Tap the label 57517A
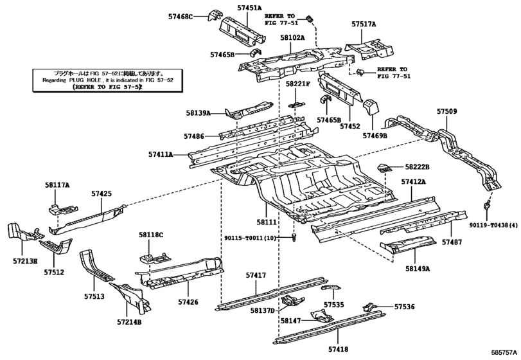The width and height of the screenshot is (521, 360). click(364, 24)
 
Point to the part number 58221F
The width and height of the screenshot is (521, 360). click(298, 84)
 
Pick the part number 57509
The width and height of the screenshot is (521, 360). click(447, 111)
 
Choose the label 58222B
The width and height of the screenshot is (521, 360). click(417, 167)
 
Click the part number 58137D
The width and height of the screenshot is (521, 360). click(262, 310)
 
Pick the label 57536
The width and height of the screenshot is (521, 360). click(405, 307)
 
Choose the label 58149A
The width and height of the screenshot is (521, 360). click(417, 268)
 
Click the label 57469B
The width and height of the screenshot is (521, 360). click(375, 136)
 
